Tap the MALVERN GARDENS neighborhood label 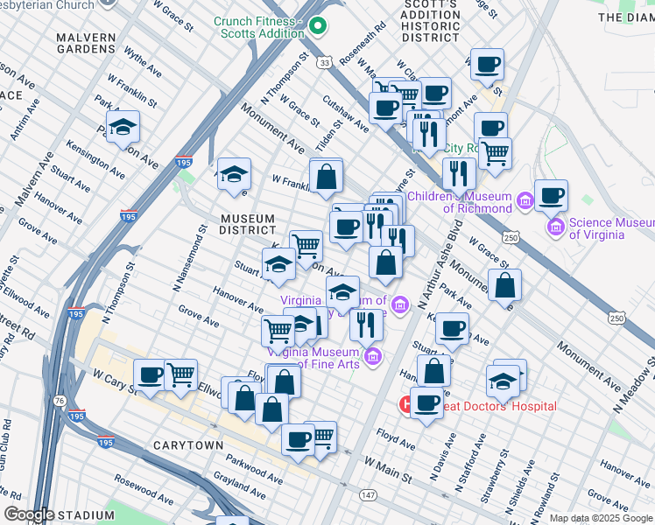(x=85, y=45)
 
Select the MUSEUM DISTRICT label (x=249, y=224)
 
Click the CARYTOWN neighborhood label (x=187, y=445)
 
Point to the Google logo (x=29, y=514)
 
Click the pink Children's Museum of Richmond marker (x=525, y=201)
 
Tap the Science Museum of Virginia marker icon (x=556, y=228)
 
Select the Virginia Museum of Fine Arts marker (x=374, y=356)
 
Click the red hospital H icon (x=407, y=405)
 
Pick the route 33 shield (x=325, y=64)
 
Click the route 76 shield (x=58, y=401)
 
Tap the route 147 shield (x=367, y=494)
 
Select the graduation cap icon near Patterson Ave (x=123, y=127)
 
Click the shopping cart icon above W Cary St (x=180, y=374)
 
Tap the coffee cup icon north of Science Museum (x=551, y=195)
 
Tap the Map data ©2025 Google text (x=601, y=517)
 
